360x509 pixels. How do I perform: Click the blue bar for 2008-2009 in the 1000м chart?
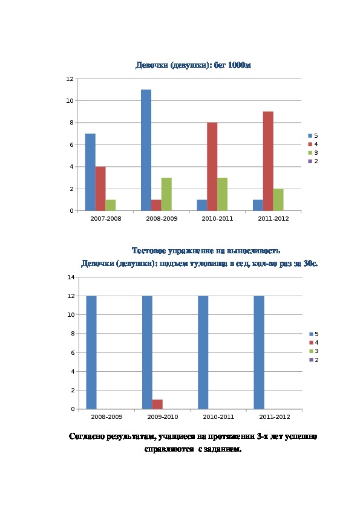tap(146, 150)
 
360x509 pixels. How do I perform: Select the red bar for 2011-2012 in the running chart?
tap(268, 161)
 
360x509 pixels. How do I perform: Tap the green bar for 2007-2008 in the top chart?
tap(111, 205)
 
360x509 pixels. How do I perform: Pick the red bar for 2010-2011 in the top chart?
tap(212, 166)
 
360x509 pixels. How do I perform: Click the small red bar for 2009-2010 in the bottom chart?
tap(157, 404)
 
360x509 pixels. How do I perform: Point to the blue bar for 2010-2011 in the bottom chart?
tap(203, 352)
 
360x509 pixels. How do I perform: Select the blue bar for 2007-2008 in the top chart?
tap(90, 172)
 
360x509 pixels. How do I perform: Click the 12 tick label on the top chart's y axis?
tap(70, 79)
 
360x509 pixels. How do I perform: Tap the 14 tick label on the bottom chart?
tap(71, 277)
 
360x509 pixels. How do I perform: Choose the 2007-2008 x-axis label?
tap(106, 218)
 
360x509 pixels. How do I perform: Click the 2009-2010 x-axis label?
tap(163, 417)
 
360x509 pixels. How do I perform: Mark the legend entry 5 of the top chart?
tap(313, 135)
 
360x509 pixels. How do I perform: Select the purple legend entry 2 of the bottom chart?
tap(314, 360)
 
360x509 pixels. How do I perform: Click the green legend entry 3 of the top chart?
tap(313, 152)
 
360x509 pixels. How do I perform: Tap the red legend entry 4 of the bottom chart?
tap(314, 343)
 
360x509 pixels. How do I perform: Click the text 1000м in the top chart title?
tap(240, 65)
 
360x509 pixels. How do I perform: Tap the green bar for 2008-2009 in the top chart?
tap(166, 194)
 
